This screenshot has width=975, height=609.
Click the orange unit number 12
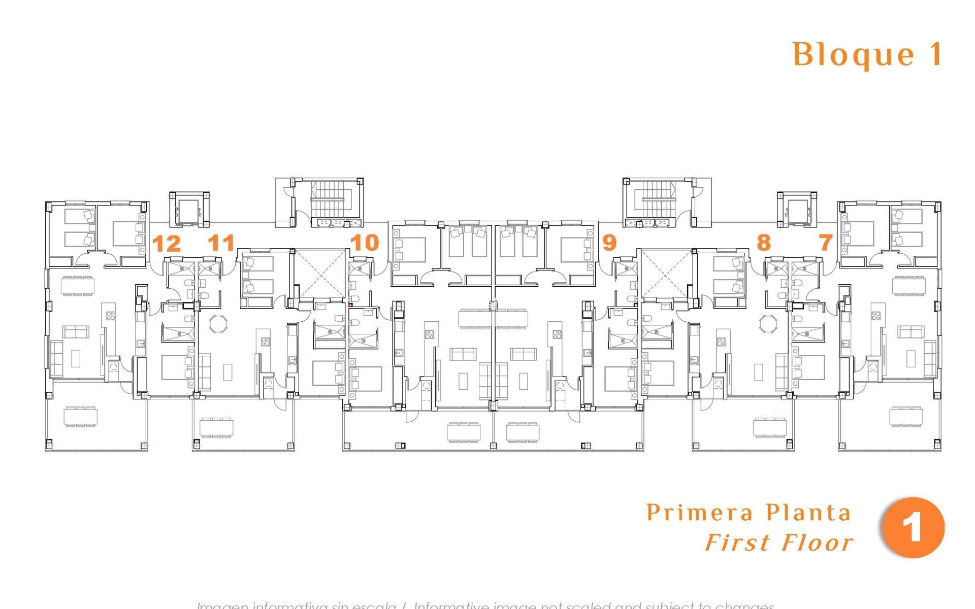[167, 244]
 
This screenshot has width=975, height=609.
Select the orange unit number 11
[221, 243]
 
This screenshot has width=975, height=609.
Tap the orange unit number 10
[365, 243]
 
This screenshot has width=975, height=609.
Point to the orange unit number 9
[609, 243]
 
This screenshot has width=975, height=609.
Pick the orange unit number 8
[763, 243]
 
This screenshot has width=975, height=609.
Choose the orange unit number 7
[826, 243]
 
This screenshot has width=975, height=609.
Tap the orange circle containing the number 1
[914, 528]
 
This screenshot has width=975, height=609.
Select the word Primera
[699, 513]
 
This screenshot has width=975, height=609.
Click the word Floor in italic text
[818, 543]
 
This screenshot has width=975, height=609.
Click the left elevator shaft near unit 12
[189, 210]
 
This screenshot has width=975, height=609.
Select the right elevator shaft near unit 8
[797, 209]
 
